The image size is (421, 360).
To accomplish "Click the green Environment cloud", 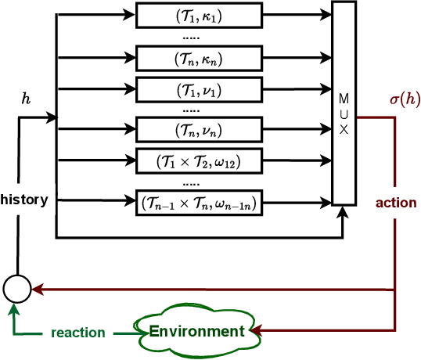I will coord(196,331).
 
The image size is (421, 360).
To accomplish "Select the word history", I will coord(24,200).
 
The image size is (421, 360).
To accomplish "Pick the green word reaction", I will coord(77,333).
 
